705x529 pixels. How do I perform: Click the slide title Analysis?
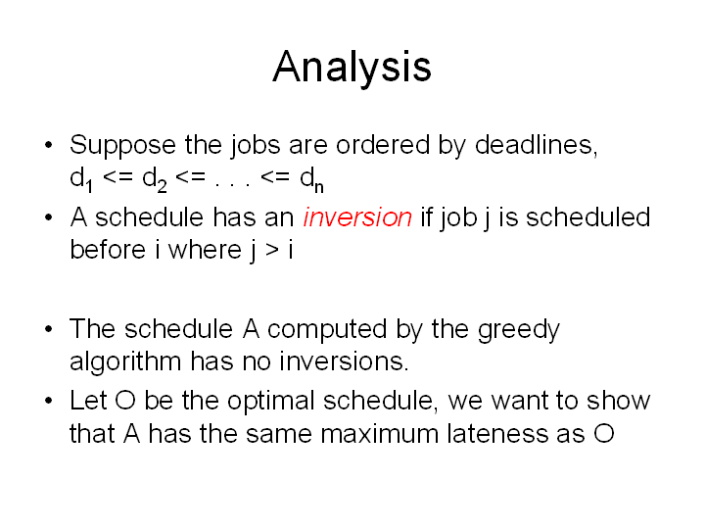point(352,68)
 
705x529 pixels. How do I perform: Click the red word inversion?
point(357,217)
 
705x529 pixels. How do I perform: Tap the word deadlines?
point(537,145)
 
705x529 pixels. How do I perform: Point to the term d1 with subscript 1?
point(81,179)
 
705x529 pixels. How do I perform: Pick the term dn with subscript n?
point(311,179)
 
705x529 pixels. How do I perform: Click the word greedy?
point(519,331)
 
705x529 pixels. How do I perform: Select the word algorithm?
point(125,362)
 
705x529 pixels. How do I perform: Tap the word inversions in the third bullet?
point(344,361)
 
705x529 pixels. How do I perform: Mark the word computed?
point(327,330)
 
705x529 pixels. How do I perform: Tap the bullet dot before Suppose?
point(49,145)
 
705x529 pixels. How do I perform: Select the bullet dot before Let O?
point(49,401)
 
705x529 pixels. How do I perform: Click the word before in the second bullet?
point(108,250)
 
